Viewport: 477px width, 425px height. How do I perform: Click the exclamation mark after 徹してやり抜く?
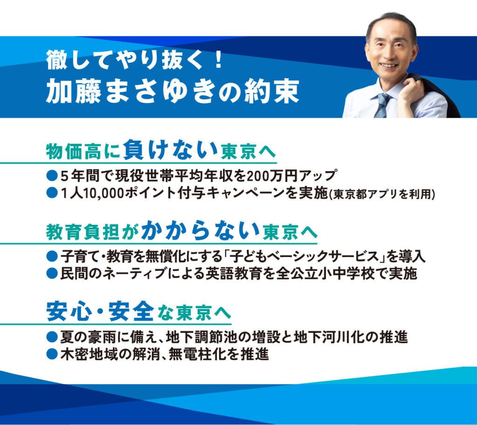click(218, 60)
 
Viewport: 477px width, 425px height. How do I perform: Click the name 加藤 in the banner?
click(73, 92)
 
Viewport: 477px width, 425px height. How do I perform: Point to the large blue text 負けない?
click(170, 149)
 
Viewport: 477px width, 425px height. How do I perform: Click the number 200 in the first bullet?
click(257, 176)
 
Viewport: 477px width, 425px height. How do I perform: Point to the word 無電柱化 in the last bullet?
click(196, 354)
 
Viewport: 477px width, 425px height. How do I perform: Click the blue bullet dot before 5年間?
click(52, 175)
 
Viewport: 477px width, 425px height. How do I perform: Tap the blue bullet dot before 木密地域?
click(52, 354)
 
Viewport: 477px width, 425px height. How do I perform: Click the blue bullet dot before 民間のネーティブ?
click(52, 274)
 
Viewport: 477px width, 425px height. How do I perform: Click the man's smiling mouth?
click(388, 65)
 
